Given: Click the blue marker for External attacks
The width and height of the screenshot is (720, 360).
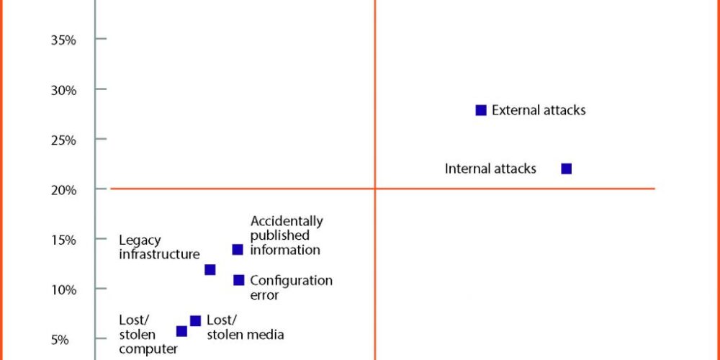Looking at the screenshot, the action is pos(481,110).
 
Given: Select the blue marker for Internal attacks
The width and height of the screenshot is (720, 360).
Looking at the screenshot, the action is pos(567,169).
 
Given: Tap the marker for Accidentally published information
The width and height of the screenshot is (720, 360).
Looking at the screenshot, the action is pos(238,250).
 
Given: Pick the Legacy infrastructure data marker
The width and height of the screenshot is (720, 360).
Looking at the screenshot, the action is pos(210,270).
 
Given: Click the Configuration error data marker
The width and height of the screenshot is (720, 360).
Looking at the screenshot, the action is pos(239,280).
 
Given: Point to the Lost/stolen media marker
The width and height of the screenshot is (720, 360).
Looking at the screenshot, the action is pos(195,321).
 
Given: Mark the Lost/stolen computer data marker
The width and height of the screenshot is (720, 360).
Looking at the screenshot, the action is pos(182,331).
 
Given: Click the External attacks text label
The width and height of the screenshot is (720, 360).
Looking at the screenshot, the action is pos(539,110).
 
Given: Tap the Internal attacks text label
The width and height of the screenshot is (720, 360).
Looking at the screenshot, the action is pos(490,169).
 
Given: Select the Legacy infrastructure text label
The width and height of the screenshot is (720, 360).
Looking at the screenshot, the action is pos(159,248).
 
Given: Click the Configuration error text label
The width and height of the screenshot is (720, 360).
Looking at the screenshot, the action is pos(291,287).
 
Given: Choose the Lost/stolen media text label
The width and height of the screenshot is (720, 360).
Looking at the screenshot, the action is pos(246,328).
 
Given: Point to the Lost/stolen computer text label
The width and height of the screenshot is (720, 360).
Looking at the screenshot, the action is pos(148,334).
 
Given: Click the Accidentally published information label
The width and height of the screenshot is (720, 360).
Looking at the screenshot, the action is pos(287,235).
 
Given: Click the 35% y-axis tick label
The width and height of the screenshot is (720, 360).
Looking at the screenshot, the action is pos(63,40).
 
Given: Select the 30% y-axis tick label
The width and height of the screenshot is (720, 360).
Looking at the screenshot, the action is pos(63,90).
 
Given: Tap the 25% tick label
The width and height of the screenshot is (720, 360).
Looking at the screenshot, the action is pos(63,140).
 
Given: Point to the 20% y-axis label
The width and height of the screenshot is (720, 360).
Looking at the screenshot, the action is pos(63,190).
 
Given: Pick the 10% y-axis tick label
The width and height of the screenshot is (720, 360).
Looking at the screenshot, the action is pos(63,290).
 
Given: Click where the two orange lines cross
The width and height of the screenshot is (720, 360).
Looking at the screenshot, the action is pos(375,188).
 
